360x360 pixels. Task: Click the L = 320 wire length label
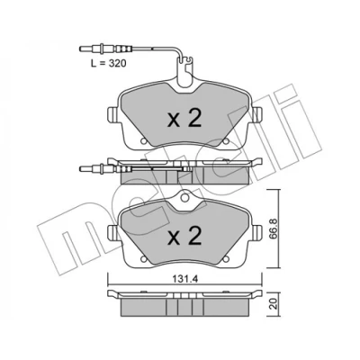(109, 63)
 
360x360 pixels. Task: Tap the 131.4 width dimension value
(185, 279)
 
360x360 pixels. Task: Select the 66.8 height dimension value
(274, 229)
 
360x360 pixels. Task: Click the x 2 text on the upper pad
(184, 119)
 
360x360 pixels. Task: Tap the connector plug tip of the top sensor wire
(82, 49)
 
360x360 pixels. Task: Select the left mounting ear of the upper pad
(112, 115)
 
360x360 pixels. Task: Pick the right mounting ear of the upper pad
(257, 115)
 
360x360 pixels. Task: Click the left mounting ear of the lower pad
(112, 232)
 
